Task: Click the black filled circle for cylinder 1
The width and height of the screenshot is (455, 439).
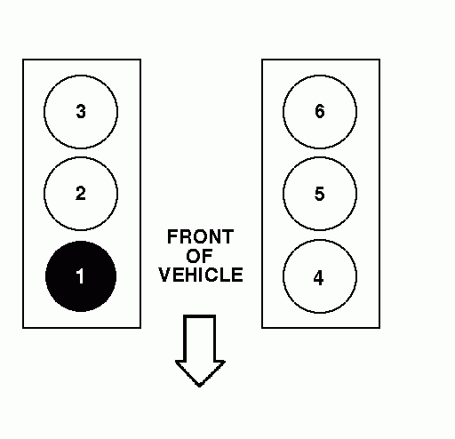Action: click(x=81, y=276)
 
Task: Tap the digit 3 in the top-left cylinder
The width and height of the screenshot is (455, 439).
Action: click(x=81, y=112)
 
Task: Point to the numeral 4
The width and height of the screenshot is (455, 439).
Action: click(x=318, y=278)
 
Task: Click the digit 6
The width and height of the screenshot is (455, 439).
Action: click(x=320, y=112)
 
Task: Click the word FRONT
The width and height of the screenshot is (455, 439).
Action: click(x=201, y=236)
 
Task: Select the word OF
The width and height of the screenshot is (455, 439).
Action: click(x=199, y=256)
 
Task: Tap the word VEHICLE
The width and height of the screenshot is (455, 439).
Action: click(x=201, y=275)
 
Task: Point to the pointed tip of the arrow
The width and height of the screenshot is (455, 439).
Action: click(x=199, y=386)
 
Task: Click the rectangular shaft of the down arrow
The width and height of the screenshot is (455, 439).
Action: click(x=199, y=339)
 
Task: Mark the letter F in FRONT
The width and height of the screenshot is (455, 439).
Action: click(x=172, y=236)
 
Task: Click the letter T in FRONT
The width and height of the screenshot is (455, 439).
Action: click(x=228, y=236)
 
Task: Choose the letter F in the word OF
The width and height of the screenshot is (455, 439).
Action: click(x=208, y=256)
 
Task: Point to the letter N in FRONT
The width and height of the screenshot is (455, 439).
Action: click(x=215, y=236)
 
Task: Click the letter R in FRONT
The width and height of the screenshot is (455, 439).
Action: click(x=185, y=236)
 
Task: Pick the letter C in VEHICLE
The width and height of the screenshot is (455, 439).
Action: click(x=213, y=275)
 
